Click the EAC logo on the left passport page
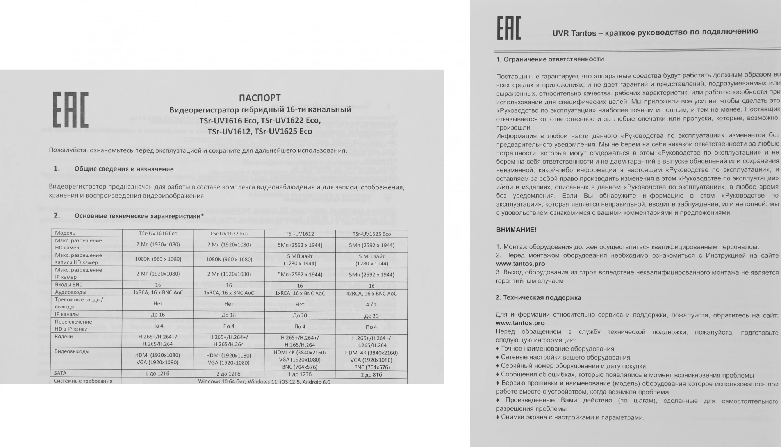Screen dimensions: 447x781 pyautogui.click(x=71, y=110)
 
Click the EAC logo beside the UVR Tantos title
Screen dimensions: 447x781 pyautogui.click(x=509, y=28)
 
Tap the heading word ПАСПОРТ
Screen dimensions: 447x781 pyautogui.click(x=259, y=98)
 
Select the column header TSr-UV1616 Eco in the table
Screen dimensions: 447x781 pyautogui.click(x=158, y=233)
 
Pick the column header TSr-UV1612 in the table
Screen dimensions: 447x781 pyautogui.click(x=300, y=234)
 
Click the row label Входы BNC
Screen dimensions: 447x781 pyautogui.click(x=69, y=285)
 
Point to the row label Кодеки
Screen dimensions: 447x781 pyautogui.click(x=64, y=337)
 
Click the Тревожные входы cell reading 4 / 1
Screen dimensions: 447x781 pyautogui.click(x=371, y=304)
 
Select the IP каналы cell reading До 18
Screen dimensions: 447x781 pyautogui.click(x=229, y=315)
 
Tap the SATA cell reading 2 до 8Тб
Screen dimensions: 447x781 pyautogui.click(x=371, y=375)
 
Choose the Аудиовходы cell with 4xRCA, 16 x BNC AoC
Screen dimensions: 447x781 pyautogui.click(x=371, y=294)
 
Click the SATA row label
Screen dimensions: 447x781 pyautogui.click(x=61, y=373)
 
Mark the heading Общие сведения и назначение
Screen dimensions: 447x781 pyautogui.click(x=124, y=169)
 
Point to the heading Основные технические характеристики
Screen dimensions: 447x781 pyautogui.click(x=139, y=216)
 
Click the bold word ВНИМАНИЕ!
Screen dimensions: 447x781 pyautogui.click(x=516, y=230)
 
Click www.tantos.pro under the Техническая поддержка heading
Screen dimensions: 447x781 pyautogui.click(x=520, y=323)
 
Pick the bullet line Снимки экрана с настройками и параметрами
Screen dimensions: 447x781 pyautogui.click(x=572, y=417)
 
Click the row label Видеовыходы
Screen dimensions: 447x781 pyautogui.click(x=72, y=351)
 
